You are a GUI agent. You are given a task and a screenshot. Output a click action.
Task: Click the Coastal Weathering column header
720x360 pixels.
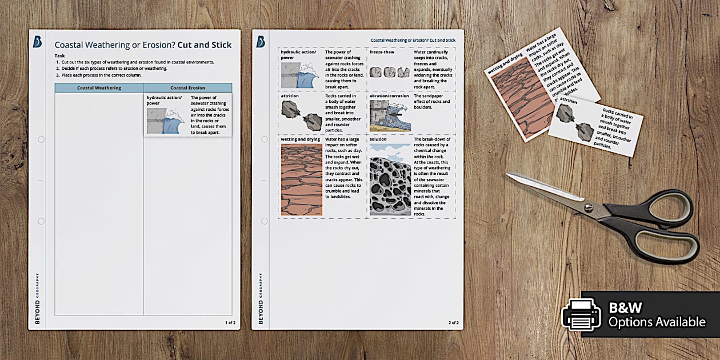[x=99, y=88]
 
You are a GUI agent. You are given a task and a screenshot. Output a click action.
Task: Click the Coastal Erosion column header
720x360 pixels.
[x=187, y=88]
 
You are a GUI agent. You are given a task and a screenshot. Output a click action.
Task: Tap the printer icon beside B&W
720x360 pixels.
[x=581, y=314]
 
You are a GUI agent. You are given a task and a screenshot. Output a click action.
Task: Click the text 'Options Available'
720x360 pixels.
[x=657, y=322]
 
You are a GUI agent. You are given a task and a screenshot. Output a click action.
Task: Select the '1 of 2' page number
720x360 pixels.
[x=230, y=323]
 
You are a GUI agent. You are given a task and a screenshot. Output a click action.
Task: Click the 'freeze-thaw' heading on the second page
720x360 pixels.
[x=382, y=51]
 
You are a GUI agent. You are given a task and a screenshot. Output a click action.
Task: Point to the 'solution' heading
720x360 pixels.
[x=378, y=139]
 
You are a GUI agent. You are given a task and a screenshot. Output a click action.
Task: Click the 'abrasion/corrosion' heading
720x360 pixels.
[x=389, y=96]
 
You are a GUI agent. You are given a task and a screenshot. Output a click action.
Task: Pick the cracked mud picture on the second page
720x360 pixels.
[x=302, y=179]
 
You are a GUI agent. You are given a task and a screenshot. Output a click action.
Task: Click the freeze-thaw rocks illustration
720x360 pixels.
[x=390, y=72]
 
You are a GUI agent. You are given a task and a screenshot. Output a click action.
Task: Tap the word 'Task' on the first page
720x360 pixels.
[x=59, y=55]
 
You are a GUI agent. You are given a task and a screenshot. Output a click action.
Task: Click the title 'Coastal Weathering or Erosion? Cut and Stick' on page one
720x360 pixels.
[x=143, y=45]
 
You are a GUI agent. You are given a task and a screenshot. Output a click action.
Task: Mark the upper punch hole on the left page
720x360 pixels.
[x=41, y=139]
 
